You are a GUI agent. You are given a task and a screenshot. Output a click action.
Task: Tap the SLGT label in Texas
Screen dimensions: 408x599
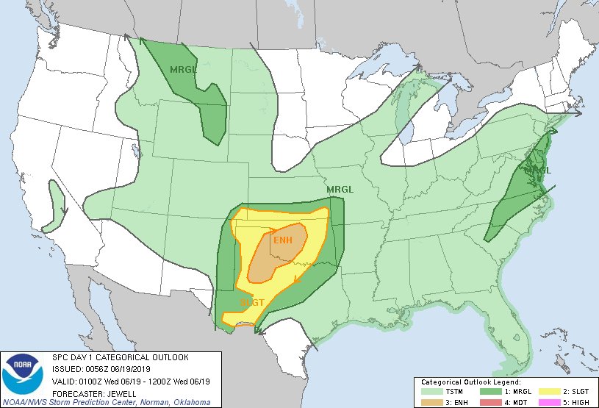coord(252,302)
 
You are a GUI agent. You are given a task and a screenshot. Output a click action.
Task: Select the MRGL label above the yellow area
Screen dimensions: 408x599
coord(340,189)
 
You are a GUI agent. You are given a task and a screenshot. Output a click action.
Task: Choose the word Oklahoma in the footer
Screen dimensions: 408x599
coord(187,402)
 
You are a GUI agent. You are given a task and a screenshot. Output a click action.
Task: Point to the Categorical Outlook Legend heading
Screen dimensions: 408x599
coord(471,382)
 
